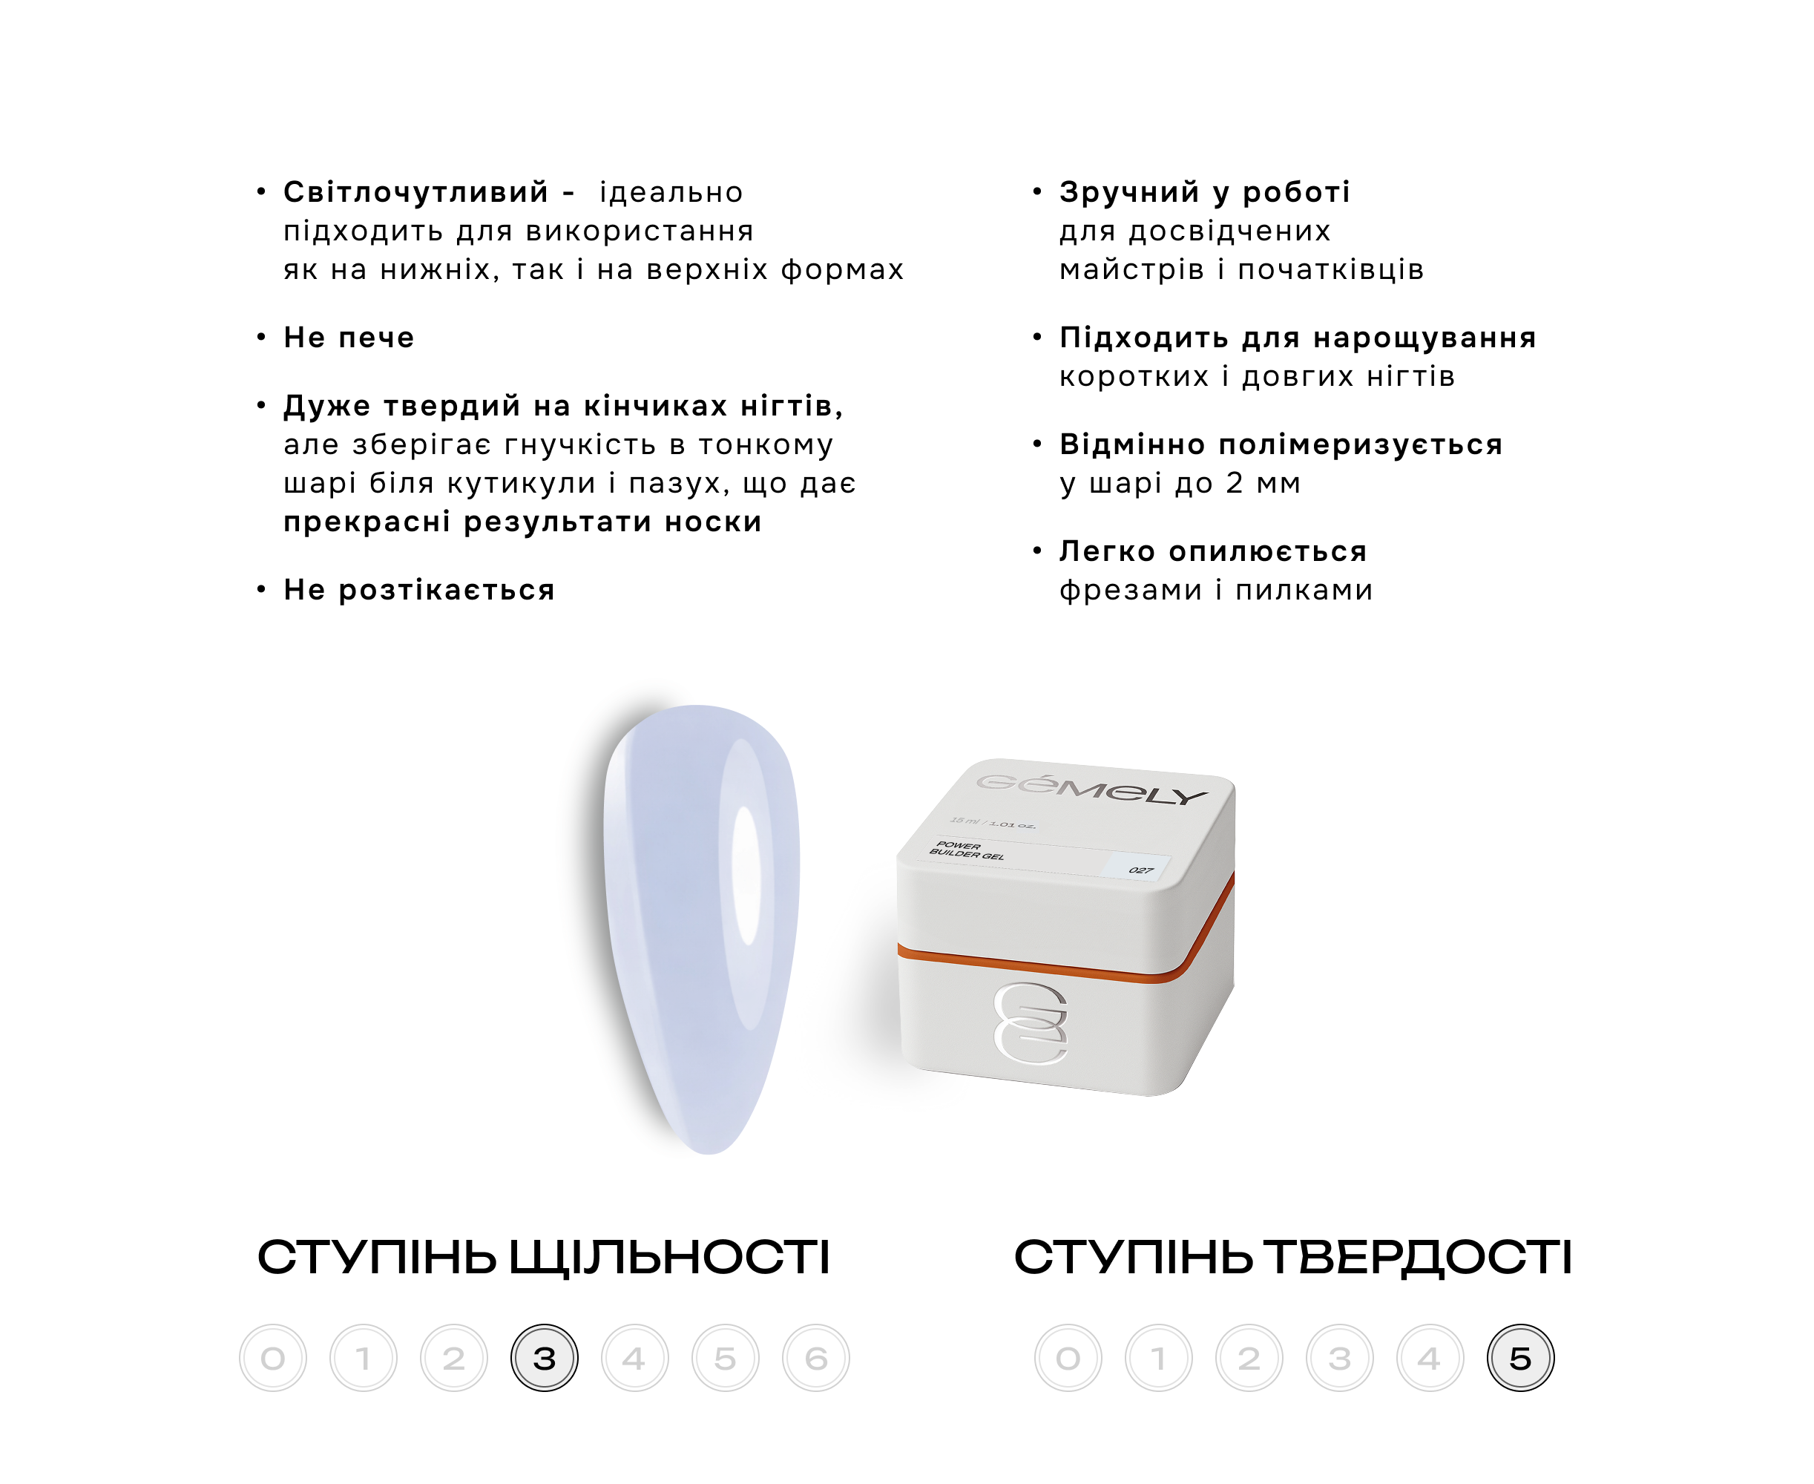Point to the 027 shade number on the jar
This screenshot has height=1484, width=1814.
1141,870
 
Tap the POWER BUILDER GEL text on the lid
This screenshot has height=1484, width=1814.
967,850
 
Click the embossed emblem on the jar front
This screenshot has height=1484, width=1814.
1031,1023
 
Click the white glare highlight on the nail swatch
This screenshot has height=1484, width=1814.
746,875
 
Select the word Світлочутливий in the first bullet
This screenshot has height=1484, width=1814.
416,192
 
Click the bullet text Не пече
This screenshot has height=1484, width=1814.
349,338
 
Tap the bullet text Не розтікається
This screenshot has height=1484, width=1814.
419,590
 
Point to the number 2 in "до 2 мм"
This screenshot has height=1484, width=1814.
1235,483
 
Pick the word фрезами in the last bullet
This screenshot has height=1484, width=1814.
1131,591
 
